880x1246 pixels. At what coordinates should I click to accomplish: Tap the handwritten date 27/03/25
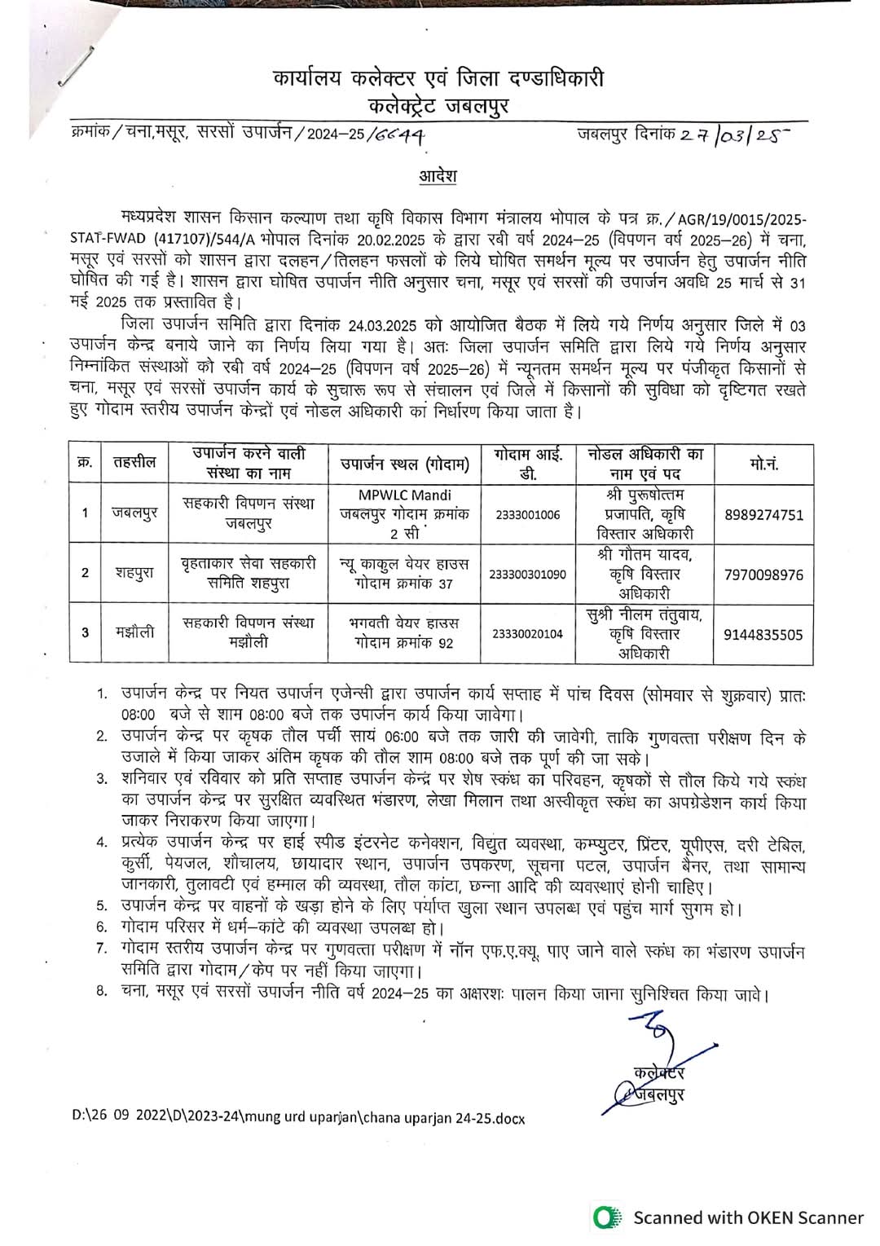pos(733,135)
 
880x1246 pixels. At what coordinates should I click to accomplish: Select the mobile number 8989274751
pos(763,515)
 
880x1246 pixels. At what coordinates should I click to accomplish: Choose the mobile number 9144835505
pos(763,633)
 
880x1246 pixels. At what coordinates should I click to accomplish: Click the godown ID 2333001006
pos(527,515)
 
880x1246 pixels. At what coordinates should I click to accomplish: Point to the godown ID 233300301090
pos(527,575)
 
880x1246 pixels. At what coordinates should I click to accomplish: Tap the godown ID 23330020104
pos(527,633)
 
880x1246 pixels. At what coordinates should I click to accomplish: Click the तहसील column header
pos(135,463)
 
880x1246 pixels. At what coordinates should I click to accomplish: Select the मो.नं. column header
pos(763,463)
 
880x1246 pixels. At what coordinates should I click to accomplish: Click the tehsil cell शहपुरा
pos(134,572)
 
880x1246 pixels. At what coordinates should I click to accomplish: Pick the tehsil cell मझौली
pos(134,632)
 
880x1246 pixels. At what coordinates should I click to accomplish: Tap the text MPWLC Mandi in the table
pos(405,495)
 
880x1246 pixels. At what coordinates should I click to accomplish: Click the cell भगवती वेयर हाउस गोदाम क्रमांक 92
pos(405,632)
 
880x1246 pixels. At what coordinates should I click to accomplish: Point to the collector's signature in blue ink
pos(652,1059)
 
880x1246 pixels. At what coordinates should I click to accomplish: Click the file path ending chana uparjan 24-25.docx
pos(298,1118)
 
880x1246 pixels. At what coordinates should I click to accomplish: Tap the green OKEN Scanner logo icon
pos(604,1217)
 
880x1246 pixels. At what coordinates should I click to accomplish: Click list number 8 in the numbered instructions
pos(102,995)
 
